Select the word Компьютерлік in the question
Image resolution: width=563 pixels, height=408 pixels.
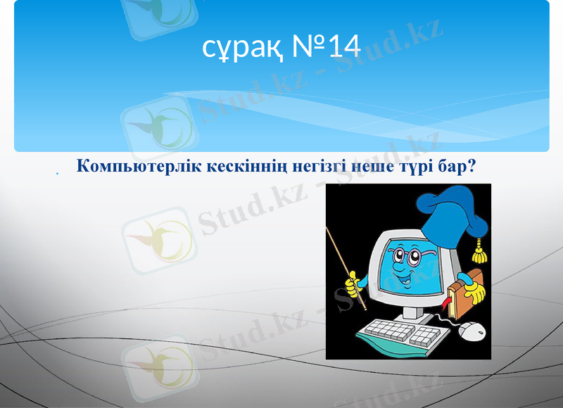[134, 167]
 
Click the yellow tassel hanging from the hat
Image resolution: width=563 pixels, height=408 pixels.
[481, 246]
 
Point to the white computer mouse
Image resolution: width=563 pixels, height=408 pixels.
[473, 329]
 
